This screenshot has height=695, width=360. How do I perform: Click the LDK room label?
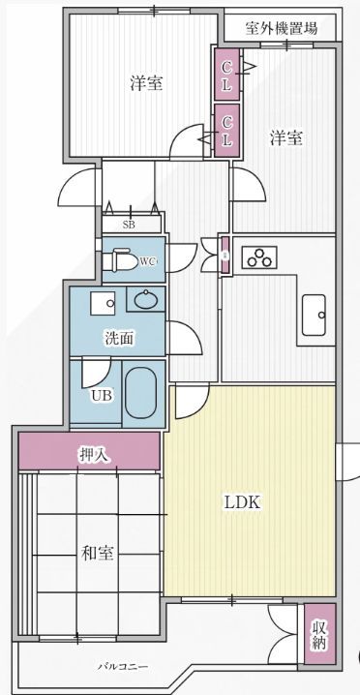pos(243,502)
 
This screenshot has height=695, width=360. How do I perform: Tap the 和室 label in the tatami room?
pos(98,553)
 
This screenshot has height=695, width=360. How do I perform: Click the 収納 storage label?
pos(319,634)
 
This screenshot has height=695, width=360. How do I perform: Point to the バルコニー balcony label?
pos(122,667)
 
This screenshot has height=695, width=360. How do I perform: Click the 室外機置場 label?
pos(281,27)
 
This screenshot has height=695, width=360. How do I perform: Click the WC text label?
pos(147,261)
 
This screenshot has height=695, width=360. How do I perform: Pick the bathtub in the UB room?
pos(141,391)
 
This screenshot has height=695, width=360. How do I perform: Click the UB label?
pos(101,395)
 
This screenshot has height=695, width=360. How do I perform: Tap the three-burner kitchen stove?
pos(259,257)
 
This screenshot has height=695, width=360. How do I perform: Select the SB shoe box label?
pos(129,225)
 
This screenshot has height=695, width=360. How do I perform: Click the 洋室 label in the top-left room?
pos(146,83)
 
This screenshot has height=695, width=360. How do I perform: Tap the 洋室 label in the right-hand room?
pos(286,137)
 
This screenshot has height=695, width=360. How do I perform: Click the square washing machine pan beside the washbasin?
pos(103,303)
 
